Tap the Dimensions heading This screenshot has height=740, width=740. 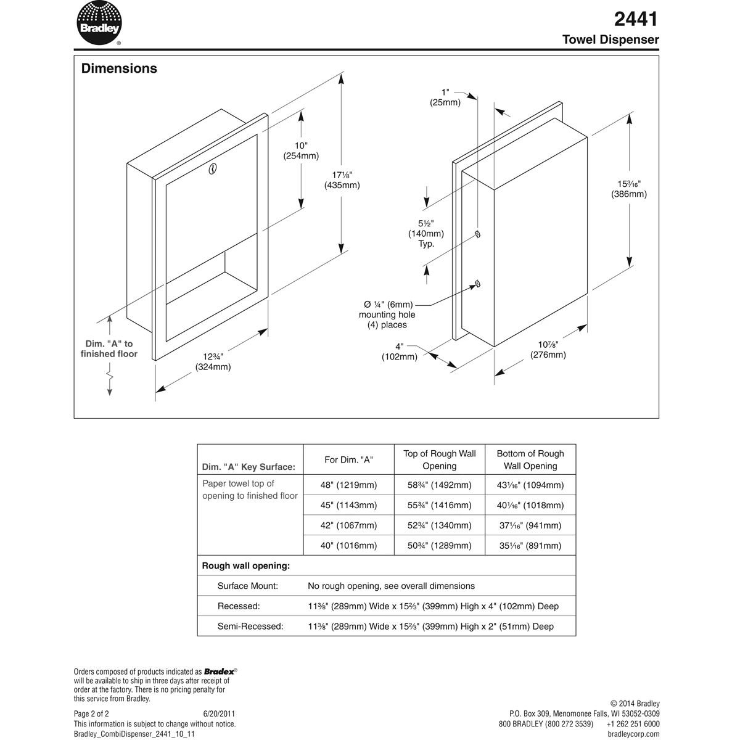click(x=119, y=68)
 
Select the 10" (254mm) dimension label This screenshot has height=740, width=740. click(x=301, y=151)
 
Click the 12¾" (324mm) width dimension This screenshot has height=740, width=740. click(x=213, y=362)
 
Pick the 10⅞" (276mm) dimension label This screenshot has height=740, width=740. click(x=548, y=350)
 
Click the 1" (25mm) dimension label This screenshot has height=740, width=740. click(x=445, y=97)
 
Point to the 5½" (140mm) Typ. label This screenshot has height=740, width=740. click(x=425, y=234)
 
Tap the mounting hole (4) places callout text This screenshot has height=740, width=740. click(x=387, y=314)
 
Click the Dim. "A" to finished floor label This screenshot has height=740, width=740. click(x=109, y=349)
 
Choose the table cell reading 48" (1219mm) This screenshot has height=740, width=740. click(x=348, y=485)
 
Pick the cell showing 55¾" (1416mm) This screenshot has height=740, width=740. click(x=439, y=506)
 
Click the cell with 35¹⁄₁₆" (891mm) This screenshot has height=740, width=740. click(x=530, y=546)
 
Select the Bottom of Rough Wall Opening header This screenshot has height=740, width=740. click(x=530, y=459)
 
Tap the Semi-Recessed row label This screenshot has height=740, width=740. click(x=250, y=627)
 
